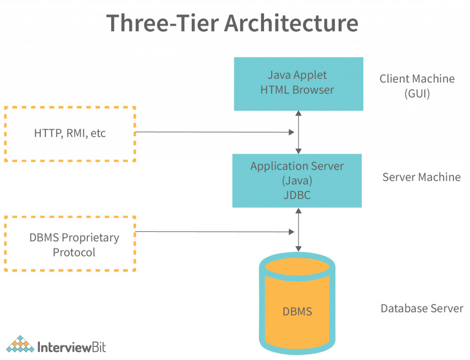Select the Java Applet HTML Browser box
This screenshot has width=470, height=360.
[298, 83]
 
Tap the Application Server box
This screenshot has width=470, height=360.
[297, 180]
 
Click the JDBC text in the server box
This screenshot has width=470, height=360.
[297, 195]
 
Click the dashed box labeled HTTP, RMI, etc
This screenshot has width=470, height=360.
[70, 133]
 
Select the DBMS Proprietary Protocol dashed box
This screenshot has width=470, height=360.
[70, 244]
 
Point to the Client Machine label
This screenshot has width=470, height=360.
[417, 78]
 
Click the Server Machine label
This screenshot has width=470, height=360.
[421, 177]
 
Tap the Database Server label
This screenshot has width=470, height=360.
[422, 308]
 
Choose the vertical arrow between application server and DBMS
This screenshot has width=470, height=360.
[299, 229]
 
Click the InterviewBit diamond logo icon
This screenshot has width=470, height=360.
[20, 345]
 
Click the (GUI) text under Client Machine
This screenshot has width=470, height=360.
[417, 94]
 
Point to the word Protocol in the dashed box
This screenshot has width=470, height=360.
[74, 252]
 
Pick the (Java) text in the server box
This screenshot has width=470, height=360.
[297, 181]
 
